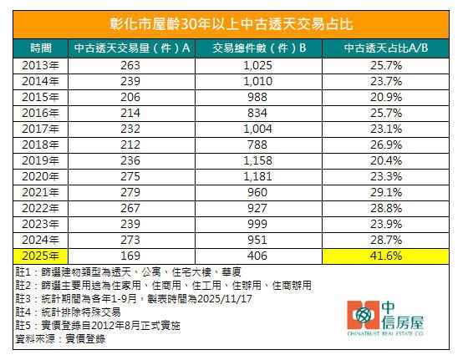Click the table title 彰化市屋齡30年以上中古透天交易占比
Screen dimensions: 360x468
(233, 23)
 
